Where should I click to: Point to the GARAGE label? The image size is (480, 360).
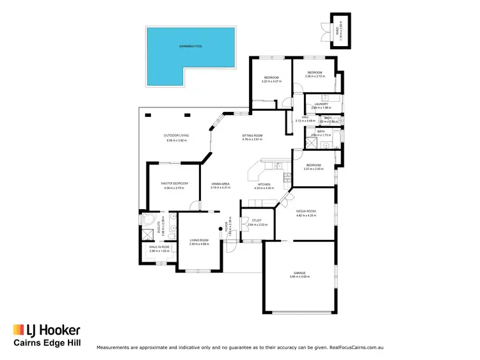(x=300, y=273)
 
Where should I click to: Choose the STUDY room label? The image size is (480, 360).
(x=257, y=221)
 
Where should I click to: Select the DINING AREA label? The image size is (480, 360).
(x=220, y=184)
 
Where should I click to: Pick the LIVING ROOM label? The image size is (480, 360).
(x=199, y=240)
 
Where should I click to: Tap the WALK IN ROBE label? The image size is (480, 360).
(x=159, y=246)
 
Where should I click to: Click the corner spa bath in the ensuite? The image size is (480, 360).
(x=148, y=222)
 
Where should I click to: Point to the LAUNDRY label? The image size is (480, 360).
(x=321, y=104)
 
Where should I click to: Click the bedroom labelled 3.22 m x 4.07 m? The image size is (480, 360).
(x=271, y=81)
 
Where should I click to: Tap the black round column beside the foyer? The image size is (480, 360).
(x=218, y=229)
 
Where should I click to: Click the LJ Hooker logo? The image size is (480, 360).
(x=47, y=330)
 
